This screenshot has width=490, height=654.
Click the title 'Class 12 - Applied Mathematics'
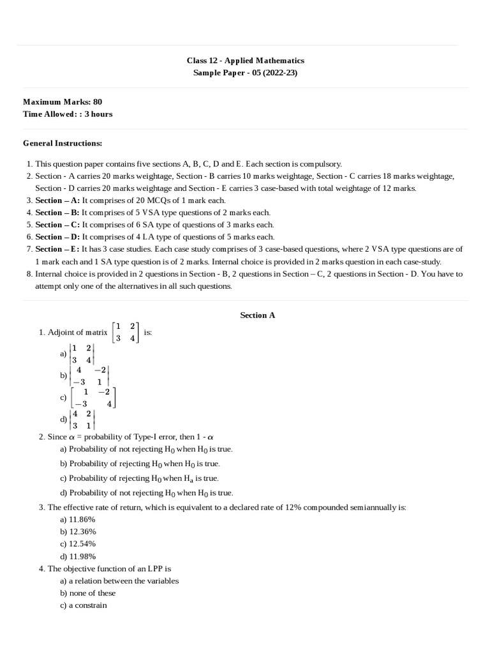coord(245,61)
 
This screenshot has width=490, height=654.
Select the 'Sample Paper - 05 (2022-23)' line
coord(245,73)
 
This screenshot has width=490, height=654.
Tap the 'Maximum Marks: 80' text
coord(63,102)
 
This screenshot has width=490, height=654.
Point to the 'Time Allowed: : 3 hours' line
coord(68,114)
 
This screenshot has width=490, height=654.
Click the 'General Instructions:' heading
coord(63,143)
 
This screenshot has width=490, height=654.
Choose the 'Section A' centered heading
coord(257,315)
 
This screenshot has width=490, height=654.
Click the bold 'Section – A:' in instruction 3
coord(57,200)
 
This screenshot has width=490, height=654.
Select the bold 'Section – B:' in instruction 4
coord(57,212)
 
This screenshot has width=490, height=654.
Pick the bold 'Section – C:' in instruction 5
coord(57,224)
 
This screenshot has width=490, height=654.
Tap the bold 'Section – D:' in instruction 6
coord(57,236)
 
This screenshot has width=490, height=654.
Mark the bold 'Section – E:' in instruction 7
coord(57,249)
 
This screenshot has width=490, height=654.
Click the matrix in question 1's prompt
coord(126,333)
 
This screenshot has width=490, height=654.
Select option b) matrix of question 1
coord(90,376)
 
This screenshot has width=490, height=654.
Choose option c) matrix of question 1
coord(94,397)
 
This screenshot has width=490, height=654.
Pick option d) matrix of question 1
coord(84,419)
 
